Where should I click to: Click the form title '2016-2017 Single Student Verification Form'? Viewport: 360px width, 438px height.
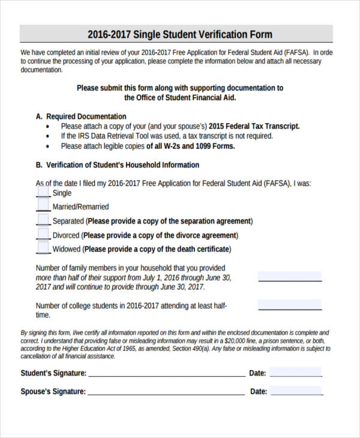click(x=180, y=34)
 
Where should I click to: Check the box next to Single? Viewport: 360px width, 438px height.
click(x=43, y=192)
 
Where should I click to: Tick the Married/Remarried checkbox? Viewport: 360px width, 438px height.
click(x=43, y=206)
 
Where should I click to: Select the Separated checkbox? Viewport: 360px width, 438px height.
click(x=43, y=220)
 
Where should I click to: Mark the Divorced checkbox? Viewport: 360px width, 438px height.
click(x=43, y=235)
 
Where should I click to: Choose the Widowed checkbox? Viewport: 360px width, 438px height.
click(x=43, y=248)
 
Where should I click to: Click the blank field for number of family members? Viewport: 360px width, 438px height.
click(x=290, y=276)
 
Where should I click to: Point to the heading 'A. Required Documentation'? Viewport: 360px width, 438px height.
click(x=81, y=116)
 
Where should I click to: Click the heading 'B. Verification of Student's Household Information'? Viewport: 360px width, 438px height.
click(x=118, y=165)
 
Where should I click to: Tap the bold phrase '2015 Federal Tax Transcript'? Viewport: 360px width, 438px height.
click(x=254, y=127)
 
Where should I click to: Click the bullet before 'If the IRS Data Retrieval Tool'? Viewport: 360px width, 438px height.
click(x=48, y=136)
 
